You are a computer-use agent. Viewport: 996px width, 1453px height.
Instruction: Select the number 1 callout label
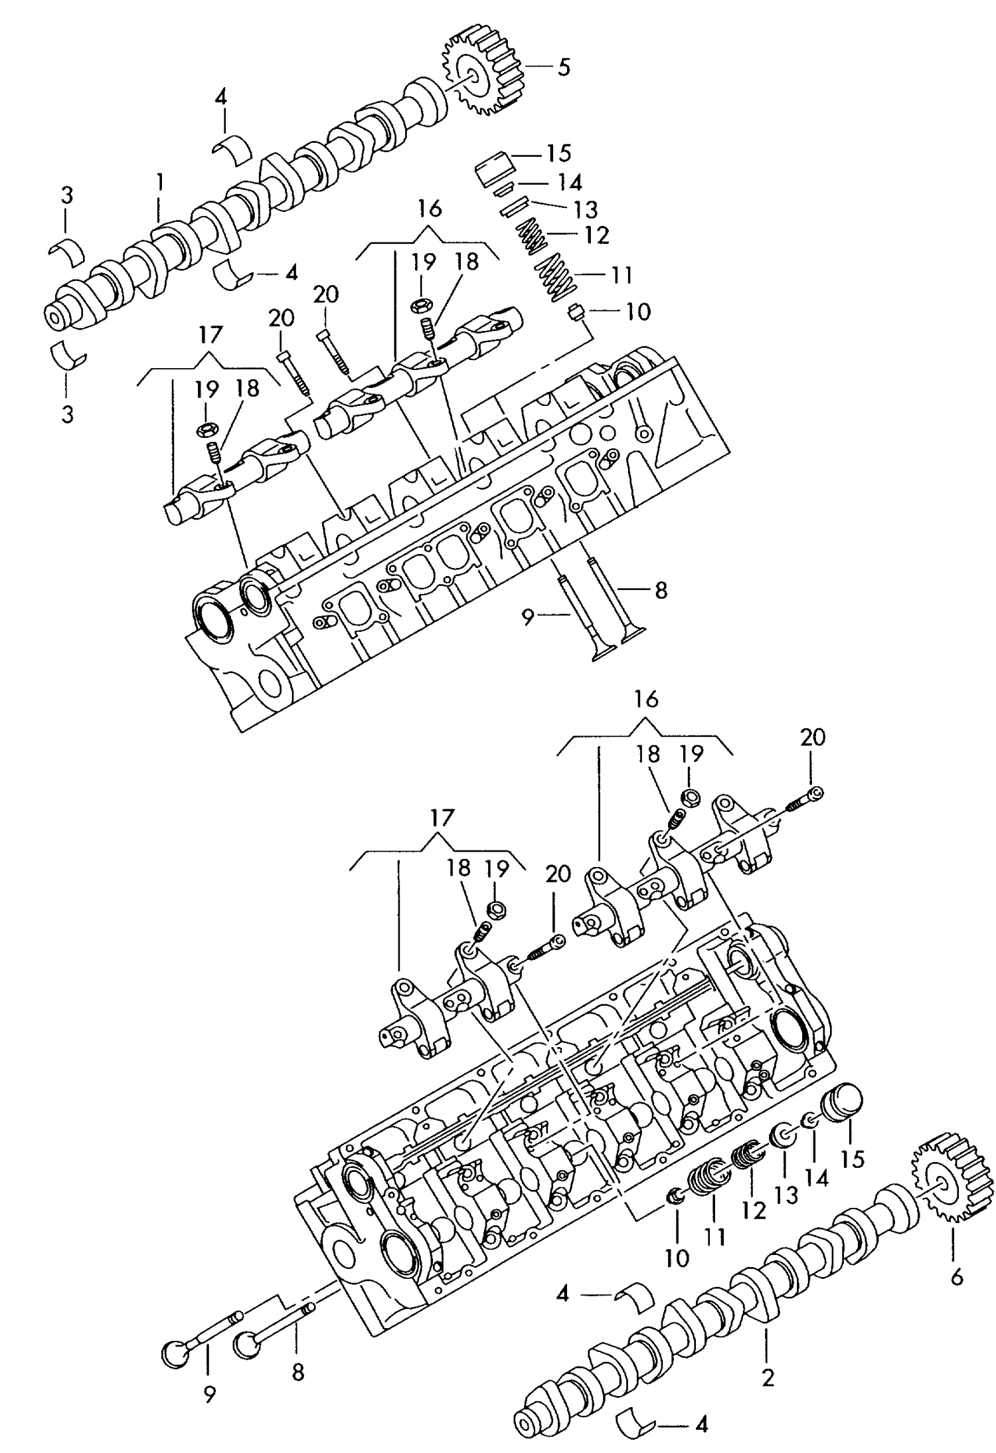coord(159,181)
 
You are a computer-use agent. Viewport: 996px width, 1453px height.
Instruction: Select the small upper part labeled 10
coord(576,311)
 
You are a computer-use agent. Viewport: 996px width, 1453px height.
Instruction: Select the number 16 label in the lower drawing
coord(645,699)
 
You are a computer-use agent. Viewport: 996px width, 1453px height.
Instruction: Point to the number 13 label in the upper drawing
coord(585,209)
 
